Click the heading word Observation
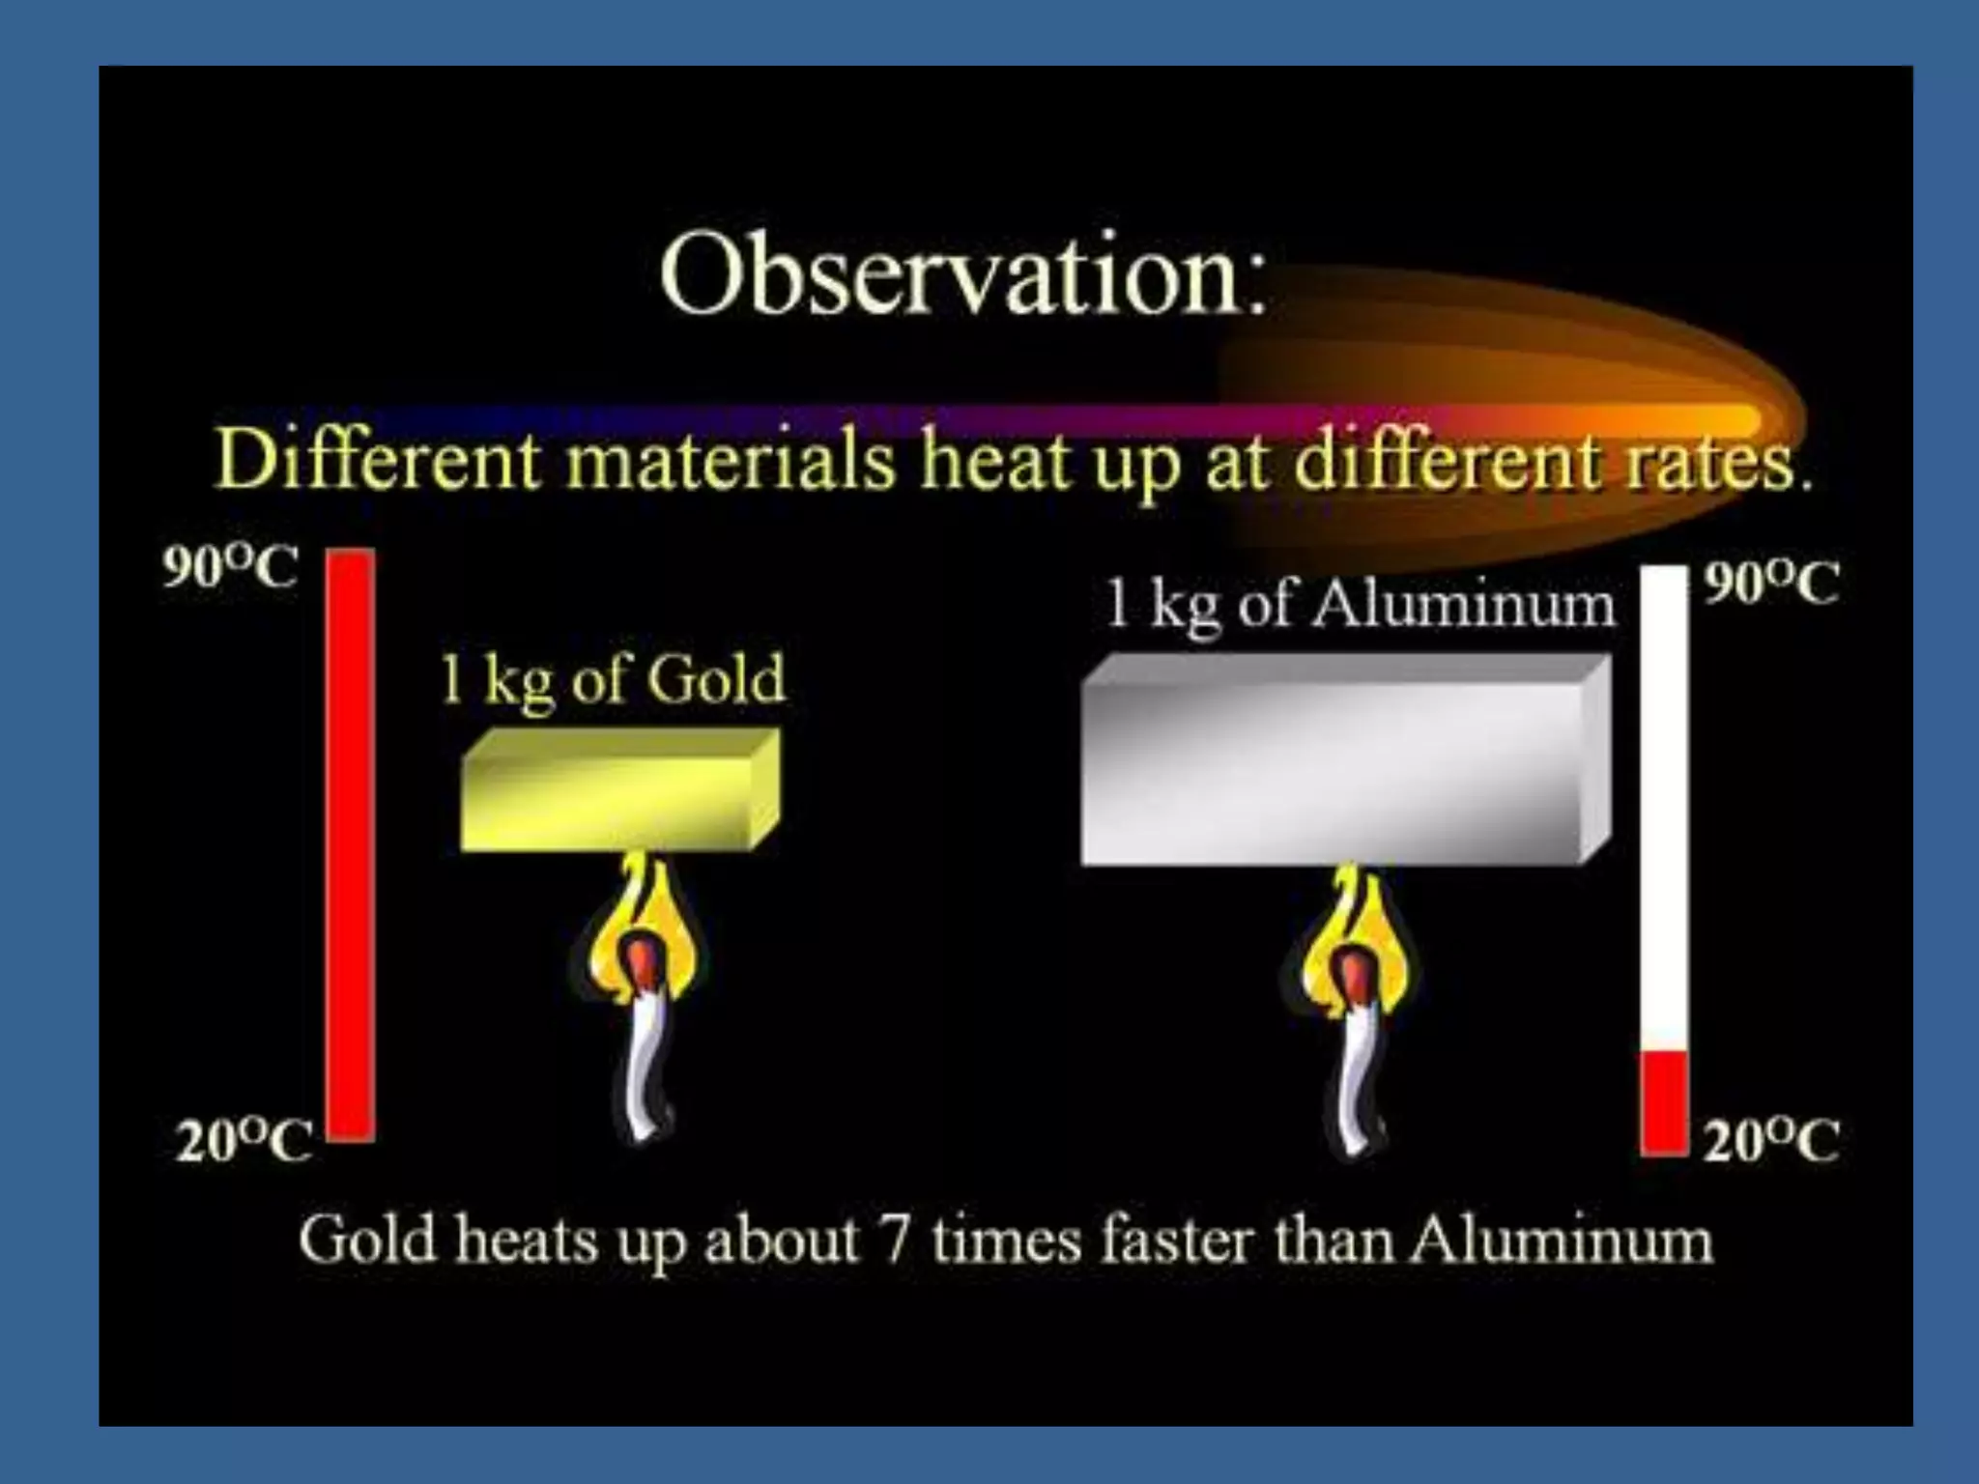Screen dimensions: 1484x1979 (x=961, y=274)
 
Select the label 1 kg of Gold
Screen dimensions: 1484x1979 (x=613, y=679)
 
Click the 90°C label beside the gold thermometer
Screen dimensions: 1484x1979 (x=230, y=567)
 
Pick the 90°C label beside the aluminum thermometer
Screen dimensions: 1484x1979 (x=1770, y=584)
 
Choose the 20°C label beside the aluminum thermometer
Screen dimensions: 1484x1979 (x=1770, y=1141)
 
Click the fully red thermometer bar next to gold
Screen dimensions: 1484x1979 (x=350, y=845)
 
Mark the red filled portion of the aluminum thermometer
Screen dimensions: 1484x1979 (x=1664, y=1102)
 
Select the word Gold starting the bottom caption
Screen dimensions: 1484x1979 (x=366, y=1240)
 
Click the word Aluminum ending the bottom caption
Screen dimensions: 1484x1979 (x=1560, y=1240)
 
